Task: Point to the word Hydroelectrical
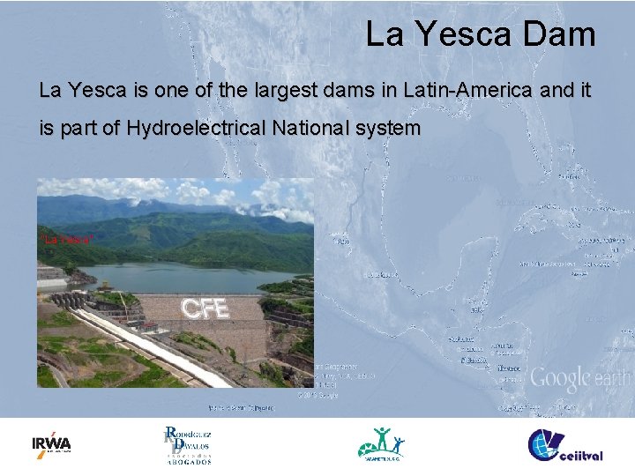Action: click(195, 129)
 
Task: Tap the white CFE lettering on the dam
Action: click(205, 309)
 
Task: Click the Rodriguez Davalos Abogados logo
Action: click(187, 445)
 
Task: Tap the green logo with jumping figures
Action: click(381, 444)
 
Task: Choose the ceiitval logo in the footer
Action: click(564, 444)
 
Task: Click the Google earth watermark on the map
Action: click(579, 379)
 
